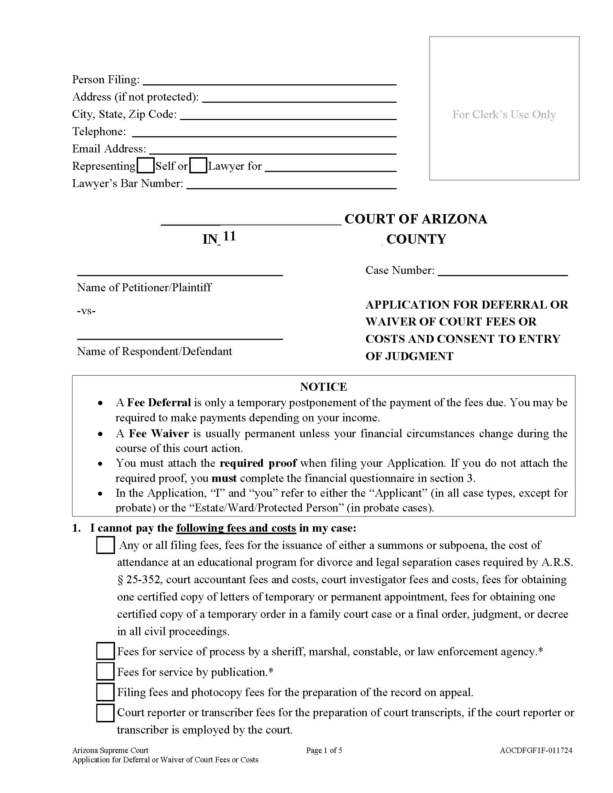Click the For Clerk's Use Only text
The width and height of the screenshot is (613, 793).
point(504,114)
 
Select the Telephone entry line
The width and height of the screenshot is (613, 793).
point(264,133)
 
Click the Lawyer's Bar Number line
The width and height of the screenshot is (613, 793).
point(291,185)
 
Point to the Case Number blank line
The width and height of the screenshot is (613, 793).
point(502,271)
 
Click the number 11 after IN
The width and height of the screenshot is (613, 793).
point(229,236)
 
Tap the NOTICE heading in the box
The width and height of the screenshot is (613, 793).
point(323,387)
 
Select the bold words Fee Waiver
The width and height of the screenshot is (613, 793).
point(159,433)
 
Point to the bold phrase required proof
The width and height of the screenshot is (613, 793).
point(258,463)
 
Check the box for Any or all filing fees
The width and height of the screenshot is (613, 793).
point(105,545)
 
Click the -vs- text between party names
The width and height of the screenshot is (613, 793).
point(86,311)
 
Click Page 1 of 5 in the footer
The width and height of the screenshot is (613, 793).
point(324,750)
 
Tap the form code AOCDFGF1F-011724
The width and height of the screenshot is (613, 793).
point(535,750)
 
